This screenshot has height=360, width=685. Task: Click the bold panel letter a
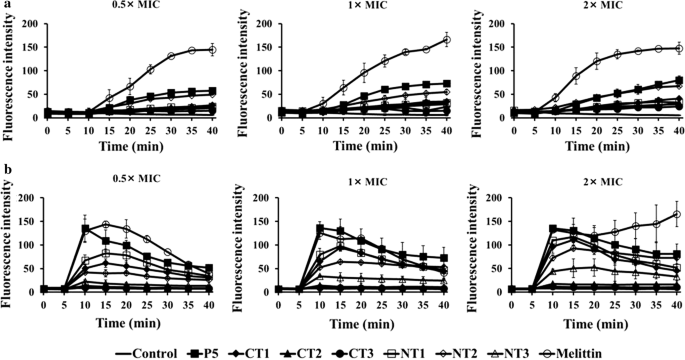(6, 6)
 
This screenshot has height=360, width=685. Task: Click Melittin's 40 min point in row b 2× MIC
(677, 214)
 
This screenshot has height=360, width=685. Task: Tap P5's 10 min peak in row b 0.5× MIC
(86, 229)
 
